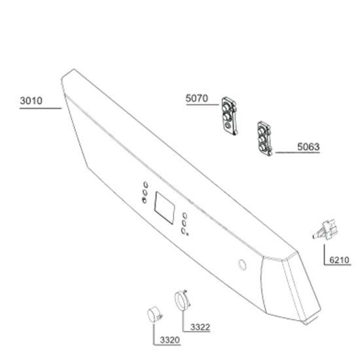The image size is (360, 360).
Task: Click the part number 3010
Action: pyautogui.click(x=31, y=101)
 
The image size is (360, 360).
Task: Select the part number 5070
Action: pyautogui.click(x=197, y=98)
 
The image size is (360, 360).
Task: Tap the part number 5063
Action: pyautogui.click(x=308, y=147)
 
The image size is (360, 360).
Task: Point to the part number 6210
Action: pyautogui.click(x=339, y=260)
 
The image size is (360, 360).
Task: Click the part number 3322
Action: pyautogui.click(x=200, y=327)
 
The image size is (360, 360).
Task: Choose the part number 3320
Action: pyautogui.click(x=170, y=340)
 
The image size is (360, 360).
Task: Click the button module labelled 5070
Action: pyautogui.click(x=229, y=116)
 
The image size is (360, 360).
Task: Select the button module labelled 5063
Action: pyautogui.click(x=264, y=139)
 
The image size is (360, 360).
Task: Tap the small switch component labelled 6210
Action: pyautogui.click(x=324, y=230)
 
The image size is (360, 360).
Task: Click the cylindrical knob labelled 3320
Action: pyautogui.click(x=154, y=315)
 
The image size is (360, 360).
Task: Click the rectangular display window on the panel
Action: pyautogui.click(x=164, y=208)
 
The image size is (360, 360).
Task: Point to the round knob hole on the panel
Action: pyautogui.click(x=242, y=264)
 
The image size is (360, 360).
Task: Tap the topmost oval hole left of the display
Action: pyautogui.click(x=145, y=185)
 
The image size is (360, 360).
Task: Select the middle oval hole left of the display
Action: pyautogui.click(x=145, y=192)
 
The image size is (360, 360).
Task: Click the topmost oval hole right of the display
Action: pyautogui.click(x=185, y=216)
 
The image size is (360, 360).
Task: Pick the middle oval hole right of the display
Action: pyautogui.click(x=184, y=223)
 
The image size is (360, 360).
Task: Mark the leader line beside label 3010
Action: pyautogui.click(x=41, y=108)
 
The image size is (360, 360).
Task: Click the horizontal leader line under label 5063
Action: pyautogui.click(x=298, y=153)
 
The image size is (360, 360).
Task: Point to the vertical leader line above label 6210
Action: pyautogui.click(x=324, y=255)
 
